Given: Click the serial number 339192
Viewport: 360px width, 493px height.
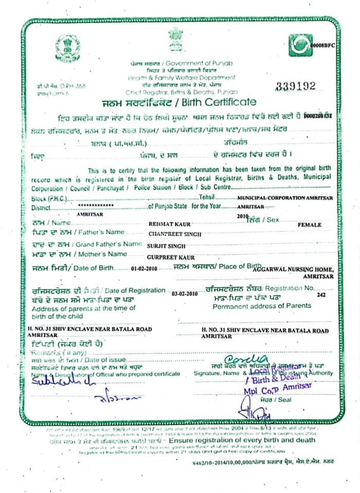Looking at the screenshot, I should click(x=296, y=86).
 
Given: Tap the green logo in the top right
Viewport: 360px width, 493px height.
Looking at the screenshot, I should click(x=300, y=45).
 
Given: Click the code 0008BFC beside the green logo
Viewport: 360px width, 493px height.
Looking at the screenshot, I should click(x=324, y=46).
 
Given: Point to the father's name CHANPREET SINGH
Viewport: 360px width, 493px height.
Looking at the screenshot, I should click(x=175, y=234).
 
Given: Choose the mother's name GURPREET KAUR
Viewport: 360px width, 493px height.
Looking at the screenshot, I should click(x=170, y=256).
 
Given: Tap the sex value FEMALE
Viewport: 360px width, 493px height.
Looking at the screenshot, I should click(x=309, y=225).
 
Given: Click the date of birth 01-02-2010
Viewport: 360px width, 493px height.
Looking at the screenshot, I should click(x=144, y=269).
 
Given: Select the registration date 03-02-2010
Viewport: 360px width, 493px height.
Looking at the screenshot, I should click(x=185, y=293).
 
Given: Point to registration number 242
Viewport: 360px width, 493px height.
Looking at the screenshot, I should click(x=322, y=295).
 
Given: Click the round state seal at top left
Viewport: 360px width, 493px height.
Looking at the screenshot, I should click(x=68, y=47).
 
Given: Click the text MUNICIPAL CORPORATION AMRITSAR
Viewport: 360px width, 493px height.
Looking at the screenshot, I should click(x=284, y=198).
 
